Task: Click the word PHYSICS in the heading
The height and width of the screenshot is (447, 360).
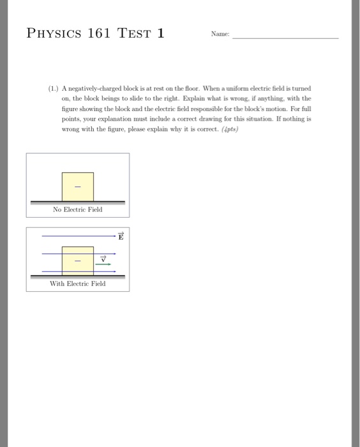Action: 53,33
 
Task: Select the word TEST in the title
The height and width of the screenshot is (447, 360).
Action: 135,33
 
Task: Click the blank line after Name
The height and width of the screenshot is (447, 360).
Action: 285,38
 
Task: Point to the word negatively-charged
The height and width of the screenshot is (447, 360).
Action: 97,89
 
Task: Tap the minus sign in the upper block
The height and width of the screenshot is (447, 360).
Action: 78,187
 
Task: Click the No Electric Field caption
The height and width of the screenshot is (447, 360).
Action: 78,209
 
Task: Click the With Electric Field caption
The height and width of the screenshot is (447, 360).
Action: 78,284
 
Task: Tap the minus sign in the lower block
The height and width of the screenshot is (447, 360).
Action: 78,261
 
